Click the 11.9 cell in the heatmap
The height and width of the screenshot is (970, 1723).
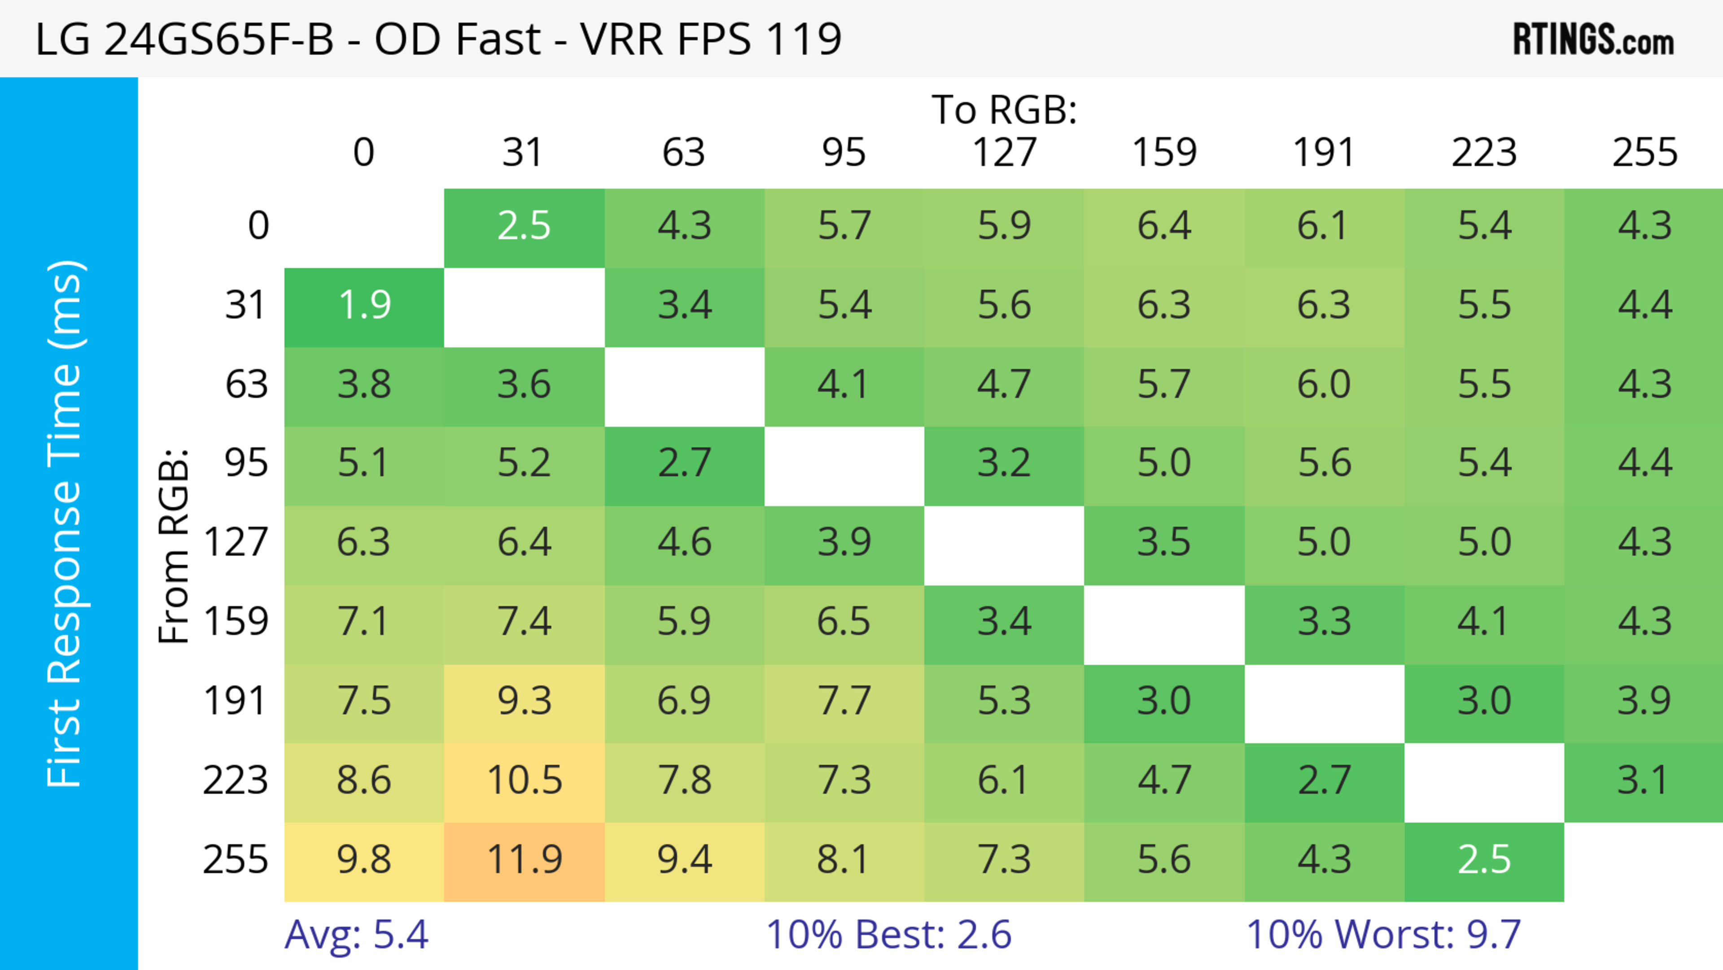tap(525, 860)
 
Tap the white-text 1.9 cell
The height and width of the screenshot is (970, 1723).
tap(364, 306)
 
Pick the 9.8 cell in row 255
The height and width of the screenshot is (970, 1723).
tap(364, 860)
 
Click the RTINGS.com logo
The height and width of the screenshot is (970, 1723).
tap(1593, 40)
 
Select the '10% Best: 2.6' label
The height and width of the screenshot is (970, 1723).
tap(888, 935)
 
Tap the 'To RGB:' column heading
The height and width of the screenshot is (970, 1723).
tap(1004, 110)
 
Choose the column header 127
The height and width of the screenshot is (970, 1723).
tap(1004, 153)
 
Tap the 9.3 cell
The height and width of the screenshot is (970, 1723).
tap(525, 702)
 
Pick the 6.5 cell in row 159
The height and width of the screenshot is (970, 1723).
tap(844, 622)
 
